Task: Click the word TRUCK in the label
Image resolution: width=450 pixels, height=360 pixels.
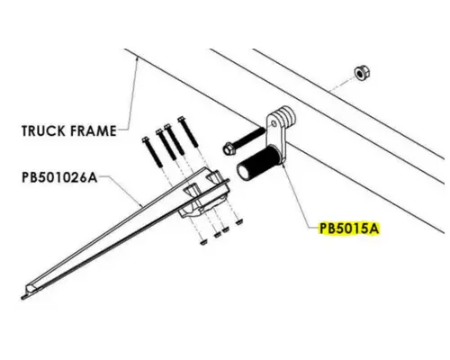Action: tap(43, 130)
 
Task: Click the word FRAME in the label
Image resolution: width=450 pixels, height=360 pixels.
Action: tap(94, 130)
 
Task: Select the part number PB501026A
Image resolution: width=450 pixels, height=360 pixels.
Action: tap(59, 177)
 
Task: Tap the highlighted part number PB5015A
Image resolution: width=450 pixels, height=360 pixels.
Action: tap(349, 229)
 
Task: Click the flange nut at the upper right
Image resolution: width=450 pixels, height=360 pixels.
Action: tap(362, 73)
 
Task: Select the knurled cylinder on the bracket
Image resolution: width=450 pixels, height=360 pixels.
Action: tap(259, 164)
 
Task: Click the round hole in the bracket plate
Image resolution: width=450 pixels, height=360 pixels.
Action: tap(274, 123)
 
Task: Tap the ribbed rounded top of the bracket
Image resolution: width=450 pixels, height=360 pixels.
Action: tap(285, 114)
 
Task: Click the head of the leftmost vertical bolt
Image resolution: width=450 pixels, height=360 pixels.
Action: tap(146, 140)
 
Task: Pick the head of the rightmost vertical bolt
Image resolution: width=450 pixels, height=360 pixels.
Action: tap(181, 120)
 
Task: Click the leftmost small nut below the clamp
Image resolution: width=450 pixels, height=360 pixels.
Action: tap(203, 241)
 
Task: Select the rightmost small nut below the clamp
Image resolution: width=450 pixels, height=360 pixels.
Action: tap(239, 222)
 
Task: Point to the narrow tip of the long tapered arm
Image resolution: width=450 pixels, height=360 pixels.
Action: tap(24, 297)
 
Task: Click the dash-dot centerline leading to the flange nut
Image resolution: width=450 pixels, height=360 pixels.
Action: tap(341, 85)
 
